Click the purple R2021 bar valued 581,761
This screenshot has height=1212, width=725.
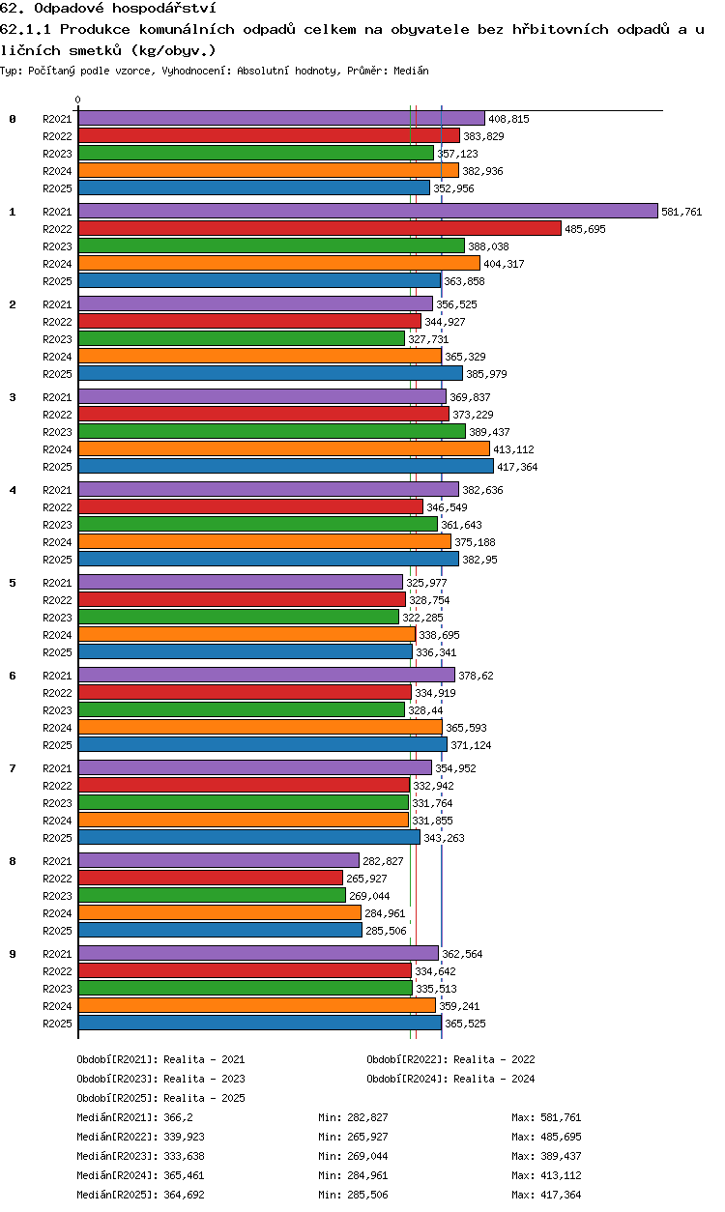pyautogui.click(x=368, y=211)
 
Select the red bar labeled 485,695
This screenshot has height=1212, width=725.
pyautogui.click(x=320, y=228)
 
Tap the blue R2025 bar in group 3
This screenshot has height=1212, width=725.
pyautogui.click(x=286, y=466)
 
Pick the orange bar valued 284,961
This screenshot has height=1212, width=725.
pyautogui.click(x=219, y=912)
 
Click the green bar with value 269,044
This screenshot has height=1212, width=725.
pyautogui.click(x=212, y=896)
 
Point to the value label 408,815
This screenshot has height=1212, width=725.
pyautogui.click(x=508, y=119)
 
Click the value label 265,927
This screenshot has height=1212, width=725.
pyautogui.click(x=366, y=879)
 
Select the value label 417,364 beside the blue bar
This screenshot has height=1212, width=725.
pyautogui.click(x=517, y=467)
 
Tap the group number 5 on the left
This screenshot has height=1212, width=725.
pyautogui.click(x=13, y=583)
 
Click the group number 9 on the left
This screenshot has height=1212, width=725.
pyautogui.click(x=13, y=954)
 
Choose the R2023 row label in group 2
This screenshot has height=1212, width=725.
pyautogui.click(x=57, y=339)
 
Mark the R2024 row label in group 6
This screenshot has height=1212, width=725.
pyautogui.click(x=57, y=728)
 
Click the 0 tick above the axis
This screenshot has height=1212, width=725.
pyautogui.click(x=78, y=100)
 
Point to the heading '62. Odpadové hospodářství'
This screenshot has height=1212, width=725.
pyautogui.click(x=108, y=8)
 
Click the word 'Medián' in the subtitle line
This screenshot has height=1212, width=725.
pyautogui.click(x=411, y=71)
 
